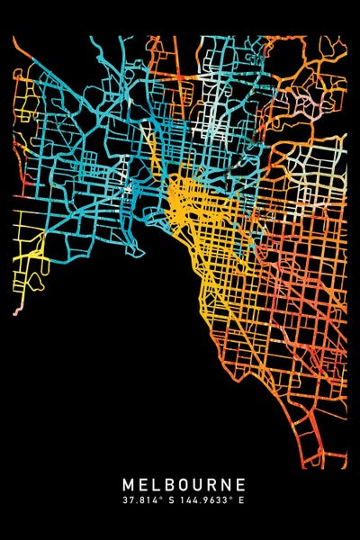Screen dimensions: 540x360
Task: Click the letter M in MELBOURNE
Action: click(x=128, y=484)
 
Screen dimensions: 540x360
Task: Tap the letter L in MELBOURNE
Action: click(x=156, y=484)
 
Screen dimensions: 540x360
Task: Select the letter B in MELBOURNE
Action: click(x=168, y=484)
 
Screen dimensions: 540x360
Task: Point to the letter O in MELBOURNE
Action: click(x=183, y=484)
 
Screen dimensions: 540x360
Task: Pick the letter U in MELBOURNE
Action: click(x=197, y=484)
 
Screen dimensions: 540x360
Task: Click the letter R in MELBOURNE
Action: click(x=211, y=484)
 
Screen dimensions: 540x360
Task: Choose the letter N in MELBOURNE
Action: click(x=225, y=484)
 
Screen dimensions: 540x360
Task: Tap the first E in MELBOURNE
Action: click(x=143, y=484)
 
